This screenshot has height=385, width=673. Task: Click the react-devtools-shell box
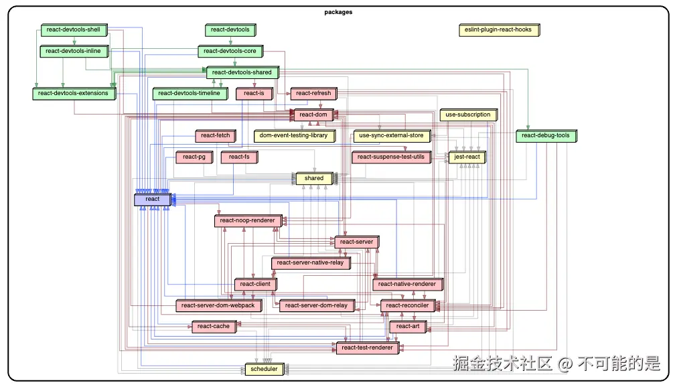click(73, 30)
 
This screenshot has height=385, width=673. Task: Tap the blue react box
click(153, 199)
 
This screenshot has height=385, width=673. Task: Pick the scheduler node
click(264, 369)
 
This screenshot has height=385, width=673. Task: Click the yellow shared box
click(314, 178)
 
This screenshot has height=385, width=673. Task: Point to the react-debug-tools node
click(546, 136)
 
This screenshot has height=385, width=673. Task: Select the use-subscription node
click(468, 115)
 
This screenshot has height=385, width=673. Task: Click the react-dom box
click(313, 115)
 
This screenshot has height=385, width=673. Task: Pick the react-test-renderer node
click(367, 348)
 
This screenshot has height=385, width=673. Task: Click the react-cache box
click(214, 327)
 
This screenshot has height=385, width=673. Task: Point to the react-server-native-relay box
click(310, 263)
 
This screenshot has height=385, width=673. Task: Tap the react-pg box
click(194, 157)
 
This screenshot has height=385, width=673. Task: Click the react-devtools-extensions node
click(73, 94)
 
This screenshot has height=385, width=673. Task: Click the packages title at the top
click(338, 12)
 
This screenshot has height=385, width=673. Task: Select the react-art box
click(408, 327)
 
